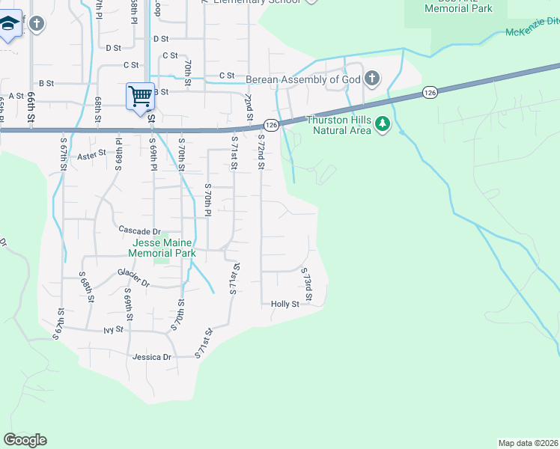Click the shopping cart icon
pos(140,97)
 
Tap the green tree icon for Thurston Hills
pos(383,123)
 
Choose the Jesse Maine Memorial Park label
pos(162,248)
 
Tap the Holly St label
pos(284,304)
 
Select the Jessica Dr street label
pos(152,357)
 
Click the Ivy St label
pos(113,329)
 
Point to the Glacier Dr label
pos(133,278)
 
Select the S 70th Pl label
pos(208,200)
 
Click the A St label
pos(16,96)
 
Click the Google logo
pos(25,439)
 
